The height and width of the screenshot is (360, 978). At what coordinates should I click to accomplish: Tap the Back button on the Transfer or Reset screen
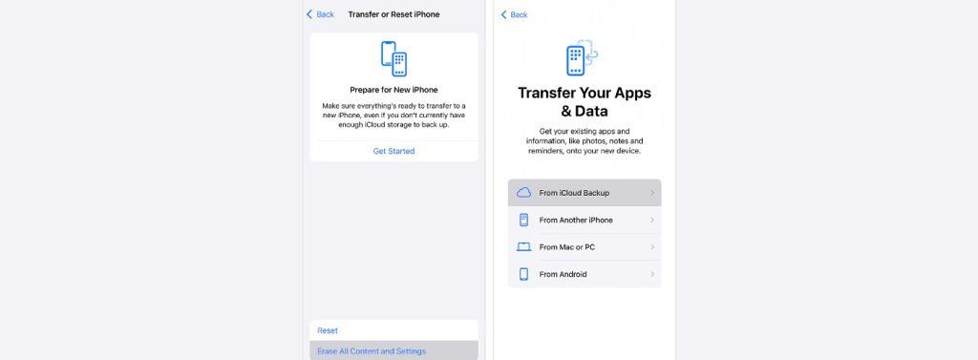click(x=320, y=14)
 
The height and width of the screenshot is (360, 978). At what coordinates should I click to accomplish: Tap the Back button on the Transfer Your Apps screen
click(x=515, y=14)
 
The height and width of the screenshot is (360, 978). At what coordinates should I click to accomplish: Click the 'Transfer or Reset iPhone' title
click(x=393, y=14)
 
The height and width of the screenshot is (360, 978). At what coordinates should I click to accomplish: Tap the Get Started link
click(x=393, y=151)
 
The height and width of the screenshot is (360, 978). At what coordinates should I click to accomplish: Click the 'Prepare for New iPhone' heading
click(x=393, y=90)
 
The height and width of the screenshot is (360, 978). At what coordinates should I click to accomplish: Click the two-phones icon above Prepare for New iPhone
click(x=393, y=58)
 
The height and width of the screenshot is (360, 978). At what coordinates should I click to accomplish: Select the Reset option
click(x=328, y=330)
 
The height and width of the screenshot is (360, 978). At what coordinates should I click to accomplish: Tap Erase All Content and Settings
click(x=372, y=351)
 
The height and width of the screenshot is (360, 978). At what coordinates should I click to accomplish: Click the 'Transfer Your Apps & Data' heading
click(x=584, y=102)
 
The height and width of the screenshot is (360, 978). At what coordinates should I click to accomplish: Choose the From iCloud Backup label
click(x=574, y=193)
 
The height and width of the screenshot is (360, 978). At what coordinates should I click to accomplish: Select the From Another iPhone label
click(x=576, y=220)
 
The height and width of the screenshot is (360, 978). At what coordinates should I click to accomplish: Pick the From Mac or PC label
click(x=568, y=247)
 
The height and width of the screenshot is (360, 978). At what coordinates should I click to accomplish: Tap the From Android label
click(x=563, y=274)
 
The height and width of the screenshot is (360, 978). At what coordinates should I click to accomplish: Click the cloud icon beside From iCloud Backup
click(x=523, y=193)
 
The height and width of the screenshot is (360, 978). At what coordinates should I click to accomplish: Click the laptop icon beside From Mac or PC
click(x=523, y=247)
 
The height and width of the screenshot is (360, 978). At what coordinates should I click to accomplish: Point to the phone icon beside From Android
click(x=523, y=274)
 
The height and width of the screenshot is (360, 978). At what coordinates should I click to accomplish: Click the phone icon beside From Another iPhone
click(x=523, y=220)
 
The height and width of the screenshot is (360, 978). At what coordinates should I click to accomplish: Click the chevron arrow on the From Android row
click(x=652, y=274)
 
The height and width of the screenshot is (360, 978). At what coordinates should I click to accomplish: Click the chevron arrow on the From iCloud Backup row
click(x=652, y=193)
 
